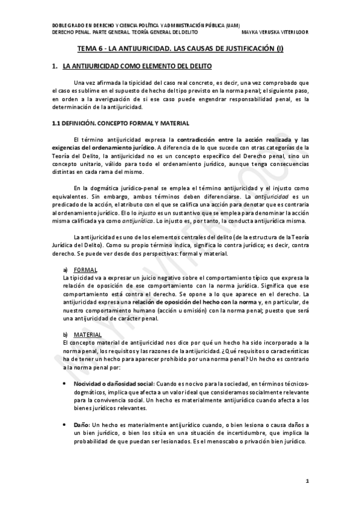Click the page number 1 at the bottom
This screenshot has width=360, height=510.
tap(307, 481)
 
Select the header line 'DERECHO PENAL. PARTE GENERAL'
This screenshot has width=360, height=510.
tap(118, 32)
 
